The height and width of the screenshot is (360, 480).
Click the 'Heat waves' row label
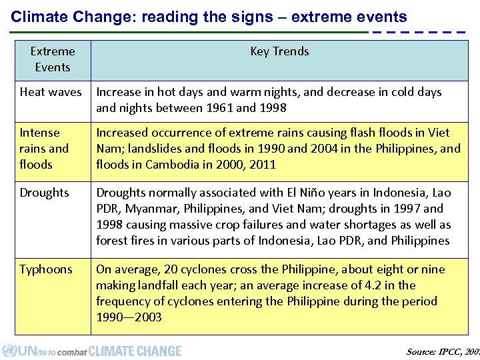51,92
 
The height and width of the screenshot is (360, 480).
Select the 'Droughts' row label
44,193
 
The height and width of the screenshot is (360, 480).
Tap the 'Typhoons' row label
45,269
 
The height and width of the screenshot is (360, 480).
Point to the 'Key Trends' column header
279,51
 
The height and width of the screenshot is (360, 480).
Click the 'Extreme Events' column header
53,59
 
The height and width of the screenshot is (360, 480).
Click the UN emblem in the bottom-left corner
9,351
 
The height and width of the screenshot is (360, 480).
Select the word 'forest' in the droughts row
112,241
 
